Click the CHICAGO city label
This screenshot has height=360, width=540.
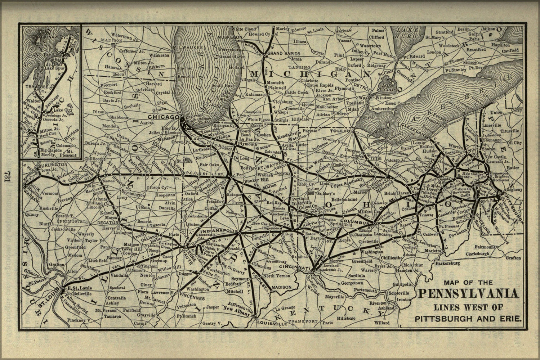point(164,117)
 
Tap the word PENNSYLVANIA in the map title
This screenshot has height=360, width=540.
point(469,294)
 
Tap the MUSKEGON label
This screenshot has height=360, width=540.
point(231,37)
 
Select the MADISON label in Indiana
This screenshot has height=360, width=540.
point(281,287)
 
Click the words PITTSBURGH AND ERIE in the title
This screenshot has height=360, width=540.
point(468,318)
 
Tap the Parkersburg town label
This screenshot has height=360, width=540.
point(447,263)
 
